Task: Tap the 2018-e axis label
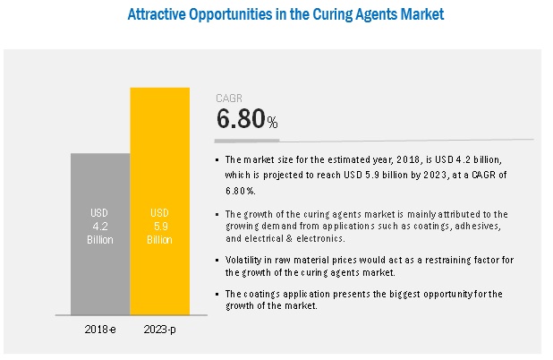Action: (x=100, y=329)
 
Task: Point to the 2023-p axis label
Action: (x=160, y=329)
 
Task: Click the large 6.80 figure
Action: (x=241, y=120)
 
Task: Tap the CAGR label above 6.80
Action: (x=227, y=99)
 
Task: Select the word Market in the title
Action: (x=420, y=15)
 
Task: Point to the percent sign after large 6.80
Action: (x=272, y=122)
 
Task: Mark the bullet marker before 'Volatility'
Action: (x=218, y=259)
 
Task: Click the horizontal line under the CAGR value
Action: (x=376, y=140)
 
